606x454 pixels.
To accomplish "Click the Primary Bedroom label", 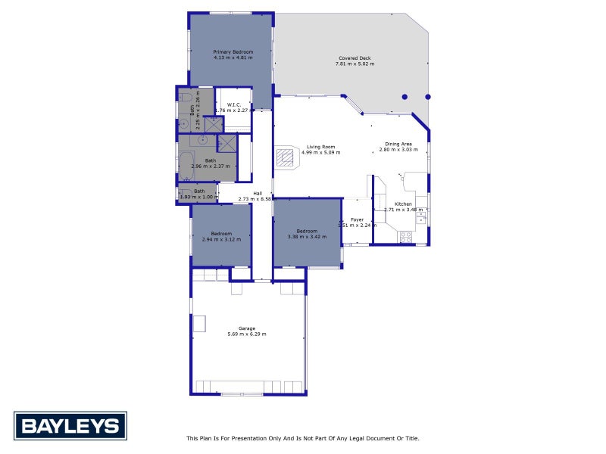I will [233, 51].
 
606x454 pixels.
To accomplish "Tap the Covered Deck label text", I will [355, 58].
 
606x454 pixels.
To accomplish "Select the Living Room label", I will [320, 147].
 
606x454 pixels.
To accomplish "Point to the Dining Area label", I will [398, 144].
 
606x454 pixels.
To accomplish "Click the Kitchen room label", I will [403, 204].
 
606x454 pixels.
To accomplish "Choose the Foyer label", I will [357, 219].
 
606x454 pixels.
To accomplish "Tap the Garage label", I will [247, 328].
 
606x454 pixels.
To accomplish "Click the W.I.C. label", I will [233, 105].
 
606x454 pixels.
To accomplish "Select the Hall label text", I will [258, 193].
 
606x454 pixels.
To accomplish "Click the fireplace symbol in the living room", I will [285, 157].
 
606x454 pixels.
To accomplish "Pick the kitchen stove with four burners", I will [405, 235].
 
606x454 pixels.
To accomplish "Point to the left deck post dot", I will [405, 97].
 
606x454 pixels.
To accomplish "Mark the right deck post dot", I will [428, 97].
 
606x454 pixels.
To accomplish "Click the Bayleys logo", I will [70, 426].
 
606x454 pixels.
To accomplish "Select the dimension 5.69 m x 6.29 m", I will [247, 334].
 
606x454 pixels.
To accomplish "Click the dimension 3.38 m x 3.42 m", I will [307, 237].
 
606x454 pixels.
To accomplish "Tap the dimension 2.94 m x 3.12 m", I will [221, 239].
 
